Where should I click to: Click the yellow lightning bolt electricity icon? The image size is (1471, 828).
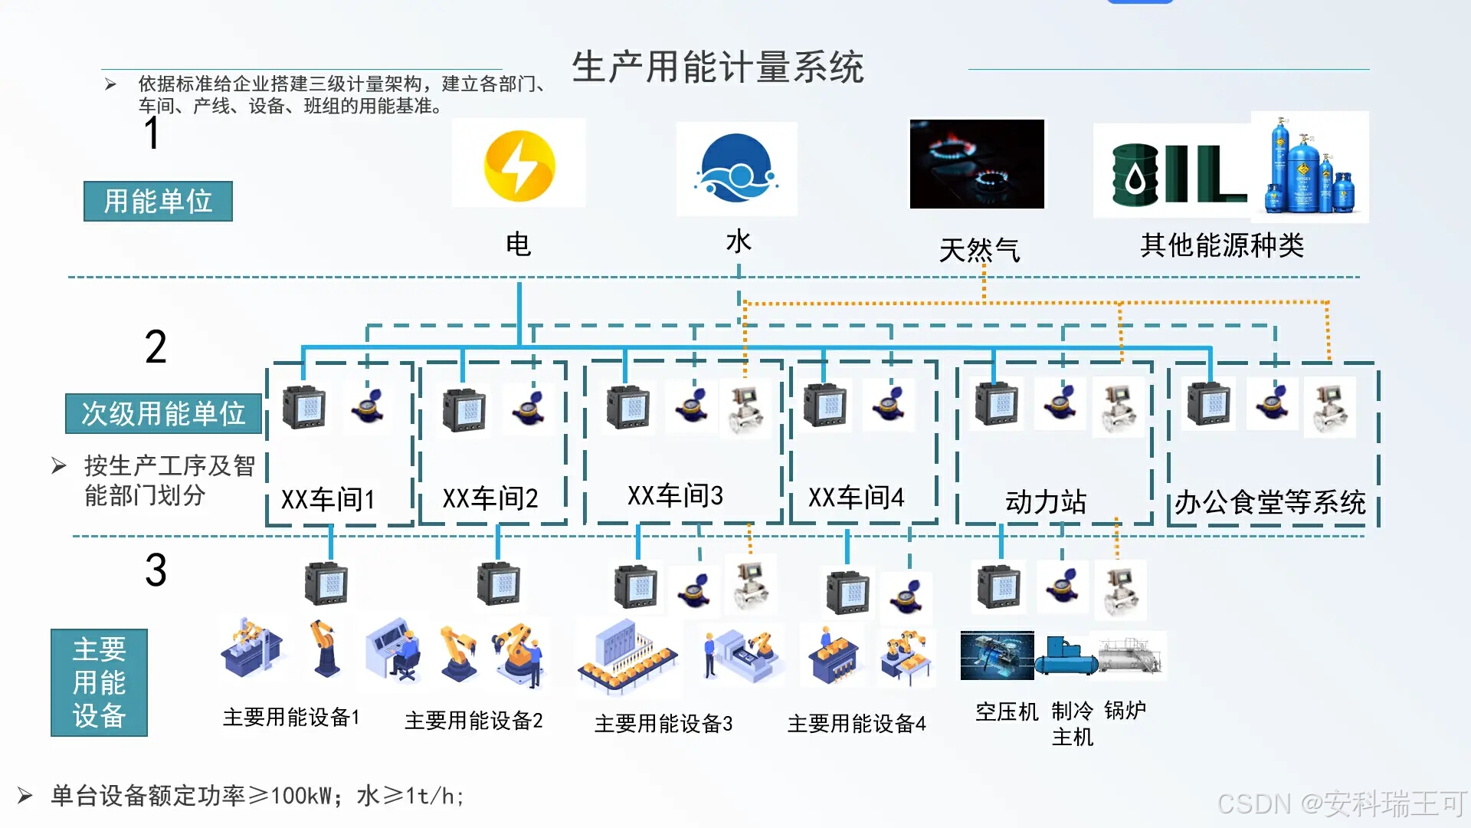(519, 166)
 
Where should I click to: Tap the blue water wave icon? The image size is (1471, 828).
(736, 169)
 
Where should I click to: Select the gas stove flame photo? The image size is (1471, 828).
(977, 163)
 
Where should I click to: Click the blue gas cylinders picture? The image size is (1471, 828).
(1309, 167)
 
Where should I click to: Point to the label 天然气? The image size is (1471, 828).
(979, 250)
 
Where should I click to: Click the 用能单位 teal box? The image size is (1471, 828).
(158, 202)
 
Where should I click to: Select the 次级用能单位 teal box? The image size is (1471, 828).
(163, 414)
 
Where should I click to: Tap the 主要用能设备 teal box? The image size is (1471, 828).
(99, 682)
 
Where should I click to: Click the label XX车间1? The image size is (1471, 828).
(328, 500)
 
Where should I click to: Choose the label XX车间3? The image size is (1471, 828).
(675, 496)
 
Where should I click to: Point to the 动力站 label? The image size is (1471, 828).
(1046, 502)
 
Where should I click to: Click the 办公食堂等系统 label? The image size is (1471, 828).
(1270, 502)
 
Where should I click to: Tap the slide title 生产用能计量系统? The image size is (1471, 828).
(718, 67)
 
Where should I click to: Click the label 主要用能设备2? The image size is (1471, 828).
(473, 721)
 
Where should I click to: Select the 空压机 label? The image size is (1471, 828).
(1007, 711)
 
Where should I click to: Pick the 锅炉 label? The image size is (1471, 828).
(1125, 710)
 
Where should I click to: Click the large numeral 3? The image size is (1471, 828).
(156, 570)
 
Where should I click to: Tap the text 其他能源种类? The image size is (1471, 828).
(1222, 245)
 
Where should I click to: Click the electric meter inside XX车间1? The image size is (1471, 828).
(304, 407)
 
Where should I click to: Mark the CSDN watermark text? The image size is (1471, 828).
(1342, 803)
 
